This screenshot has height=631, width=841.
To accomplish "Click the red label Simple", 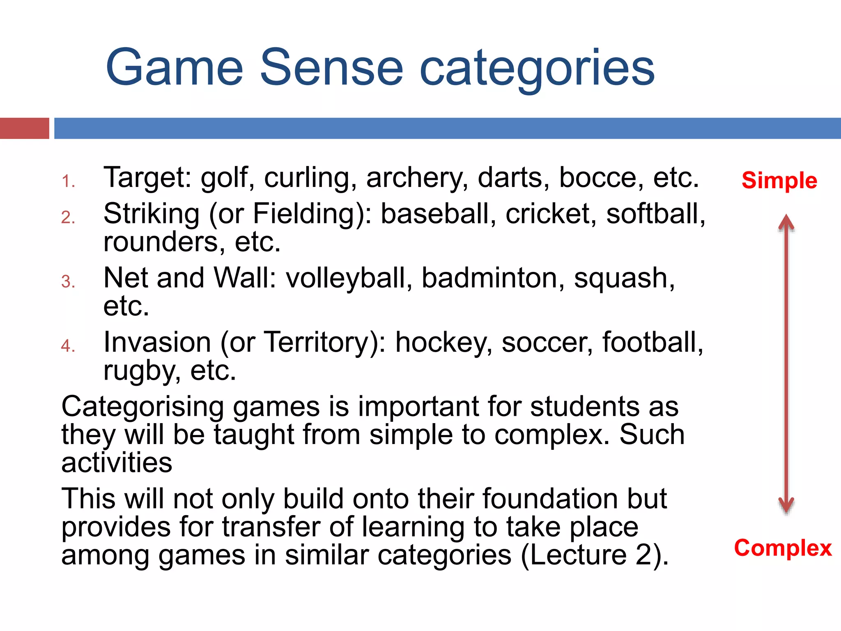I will (x=779, y=180).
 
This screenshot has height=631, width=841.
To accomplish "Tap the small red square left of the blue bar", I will (x=25, y=128).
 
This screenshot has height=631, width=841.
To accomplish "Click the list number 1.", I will (x=68, y=181).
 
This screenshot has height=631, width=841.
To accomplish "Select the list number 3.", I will (x=68, y=282).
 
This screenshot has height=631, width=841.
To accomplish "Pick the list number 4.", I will (x=68, y=346).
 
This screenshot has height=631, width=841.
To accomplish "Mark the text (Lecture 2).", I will (x=595, y=555).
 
